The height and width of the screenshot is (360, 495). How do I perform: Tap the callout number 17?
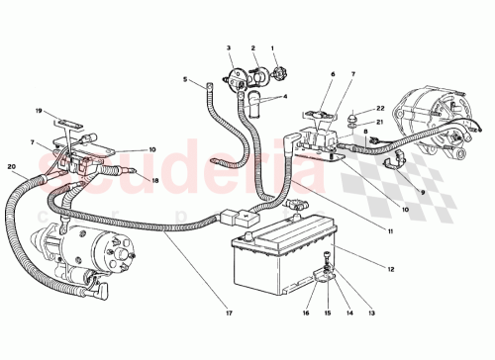(x=229, y=315)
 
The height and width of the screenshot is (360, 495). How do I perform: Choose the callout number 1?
(x=273, y=47)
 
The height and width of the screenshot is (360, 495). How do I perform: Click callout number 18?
(x=154, y=180)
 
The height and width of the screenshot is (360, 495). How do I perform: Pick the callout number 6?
(x=334, y=73)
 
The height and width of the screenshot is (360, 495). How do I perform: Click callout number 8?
(x=365, y=131)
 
